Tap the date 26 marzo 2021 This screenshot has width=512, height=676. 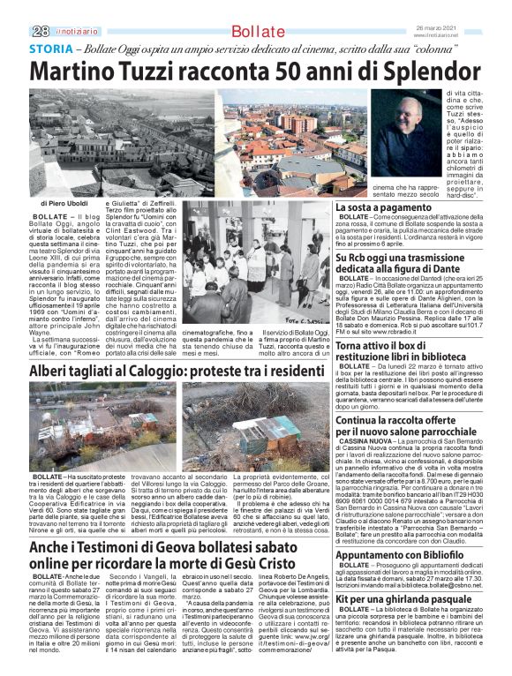[x=464, y=27]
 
